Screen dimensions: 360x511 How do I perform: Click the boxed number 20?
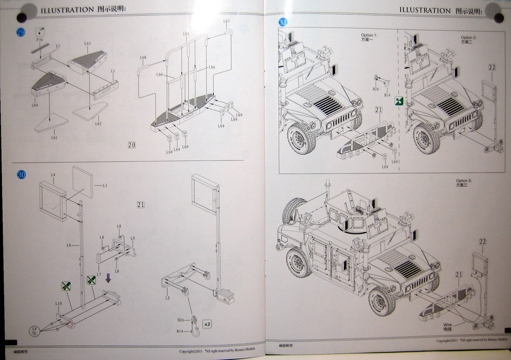(132, 145)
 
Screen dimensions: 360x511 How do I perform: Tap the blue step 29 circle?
(21, 32)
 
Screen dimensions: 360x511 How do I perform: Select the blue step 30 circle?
(22, 175)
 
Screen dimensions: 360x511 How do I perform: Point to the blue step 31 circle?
(283, 22)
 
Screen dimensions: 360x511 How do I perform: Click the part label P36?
(40, 40)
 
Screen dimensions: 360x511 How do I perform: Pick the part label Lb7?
(226, 22)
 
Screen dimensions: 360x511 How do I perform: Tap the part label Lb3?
(88, 44)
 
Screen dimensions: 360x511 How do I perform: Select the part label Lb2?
(98, 124)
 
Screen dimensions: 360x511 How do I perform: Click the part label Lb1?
(54, 137)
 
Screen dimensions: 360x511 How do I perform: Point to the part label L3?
(105, 186)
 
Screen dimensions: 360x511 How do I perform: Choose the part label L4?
(53, 175)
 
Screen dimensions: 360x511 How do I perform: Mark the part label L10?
(58, 304)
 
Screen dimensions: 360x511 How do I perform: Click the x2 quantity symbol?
(207, 324)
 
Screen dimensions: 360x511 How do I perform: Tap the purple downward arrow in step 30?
(108, 279)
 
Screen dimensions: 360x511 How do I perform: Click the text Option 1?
(369, 36)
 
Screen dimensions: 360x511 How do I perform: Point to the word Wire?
(447, 325)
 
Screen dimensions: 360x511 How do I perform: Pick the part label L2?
(167, 298)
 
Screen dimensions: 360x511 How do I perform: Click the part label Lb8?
(143, 58)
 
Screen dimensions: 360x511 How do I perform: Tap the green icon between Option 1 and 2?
(399, 100)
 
